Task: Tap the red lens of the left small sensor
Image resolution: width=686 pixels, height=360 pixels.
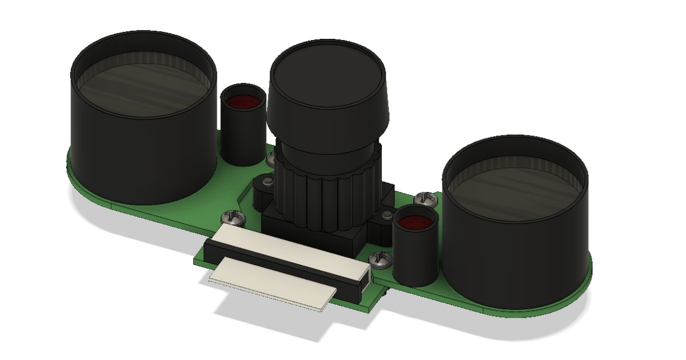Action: coord(244,102)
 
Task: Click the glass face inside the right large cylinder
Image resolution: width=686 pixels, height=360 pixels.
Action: coord(514,183)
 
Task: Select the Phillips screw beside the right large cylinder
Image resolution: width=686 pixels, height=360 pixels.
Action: coord(425,199)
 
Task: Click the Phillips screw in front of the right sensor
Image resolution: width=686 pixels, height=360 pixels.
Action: coord(380,260)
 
